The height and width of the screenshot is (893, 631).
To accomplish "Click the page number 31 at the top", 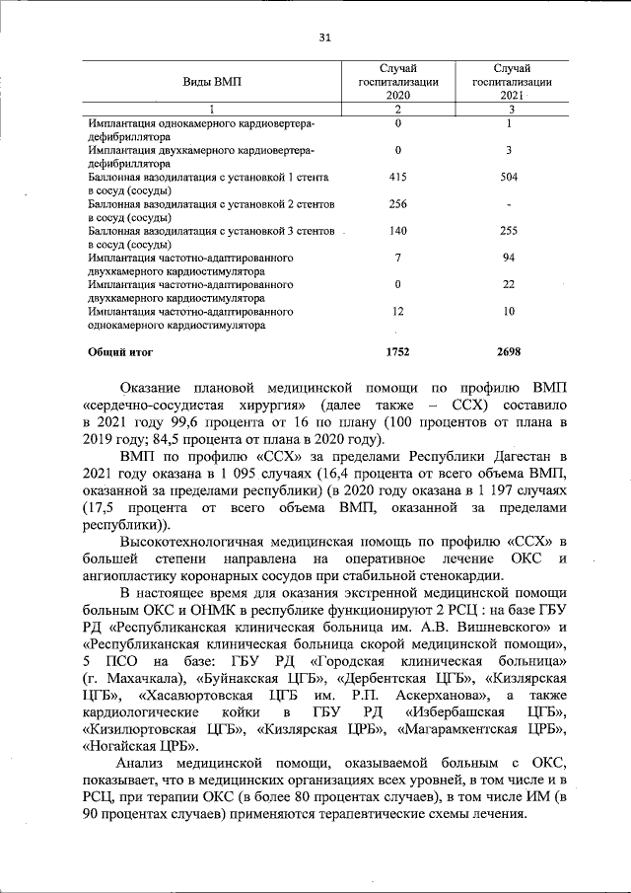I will click(324, 38).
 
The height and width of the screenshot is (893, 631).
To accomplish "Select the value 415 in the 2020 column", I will click(398, 178).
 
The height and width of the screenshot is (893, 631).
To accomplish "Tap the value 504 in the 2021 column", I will click(509, 178).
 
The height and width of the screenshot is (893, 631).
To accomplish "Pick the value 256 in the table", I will click(398, 204).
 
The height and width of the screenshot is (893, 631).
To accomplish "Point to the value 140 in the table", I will click(398, 231).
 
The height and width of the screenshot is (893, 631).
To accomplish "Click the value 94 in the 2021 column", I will click(509, 258).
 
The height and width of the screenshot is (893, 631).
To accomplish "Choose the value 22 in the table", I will click(509, 284).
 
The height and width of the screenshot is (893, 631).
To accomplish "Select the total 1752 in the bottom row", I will click(398, 351).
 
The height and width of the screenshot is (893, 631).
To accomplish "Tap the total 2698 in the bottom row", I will click(509, 351).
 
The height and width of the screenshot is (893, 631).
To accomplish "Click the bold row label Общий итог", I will click(120, 351).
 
